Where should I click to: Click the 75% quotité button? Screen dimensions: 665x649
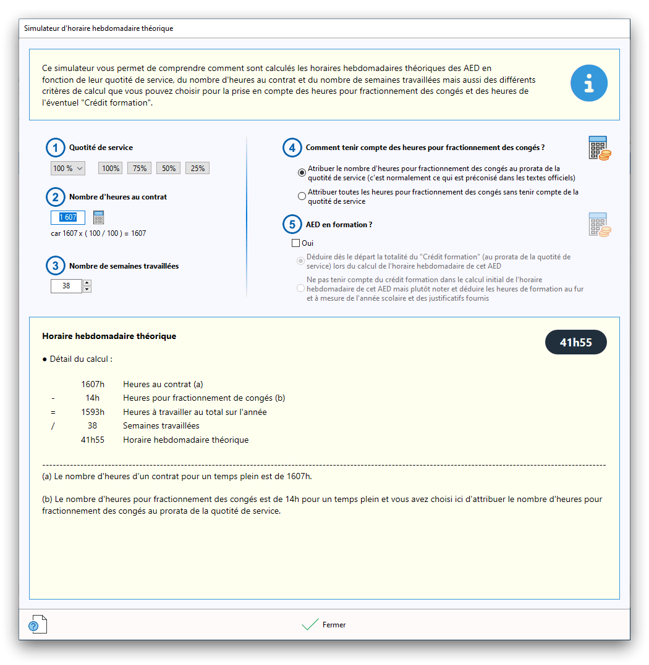click(139, 168)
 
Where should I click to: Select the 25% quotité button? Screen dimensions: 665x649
click(198, 168)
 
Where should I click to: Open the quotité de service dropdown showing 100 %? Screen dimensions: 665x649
click(67, 168)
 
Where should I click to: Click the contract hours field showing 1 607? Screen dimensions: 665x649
click(68, 217)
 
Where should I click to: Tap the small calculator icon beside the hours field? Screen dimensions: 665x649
click(99, 217)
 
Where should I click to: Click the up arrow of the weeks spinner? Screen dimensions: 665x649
click(87, 283)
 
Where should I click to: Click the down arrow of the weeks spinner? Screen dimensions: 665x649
click(87, 290)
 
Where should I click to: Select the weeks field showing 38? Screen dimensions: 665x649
click(66, 286)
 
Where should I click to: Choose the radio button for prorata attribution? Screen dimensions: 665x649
click(302, 172)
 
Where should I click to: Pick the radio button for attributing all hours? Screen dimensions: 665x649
click(302, 196)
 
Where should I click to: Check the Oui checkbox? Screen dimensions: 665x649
click(296, 243)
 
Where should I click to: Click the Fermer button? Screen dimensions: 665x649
click(324, 625)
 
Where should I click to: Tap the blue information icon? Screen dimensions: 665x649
click(588, 83)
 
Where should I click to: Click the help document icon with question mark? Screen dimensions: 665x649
click(38, 624)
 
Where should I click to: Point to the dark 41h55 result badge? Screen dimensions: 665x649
click(575, 343)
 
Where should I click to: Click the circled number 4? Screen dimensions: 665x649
click(292, 148)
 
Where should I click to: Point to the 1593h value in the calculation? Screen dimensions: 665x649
click(93, 412)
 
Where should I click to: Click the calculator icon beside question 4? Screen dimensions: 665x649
click(598, 148)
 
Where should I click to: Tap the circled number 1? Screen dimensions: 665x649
click(56, 148)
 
